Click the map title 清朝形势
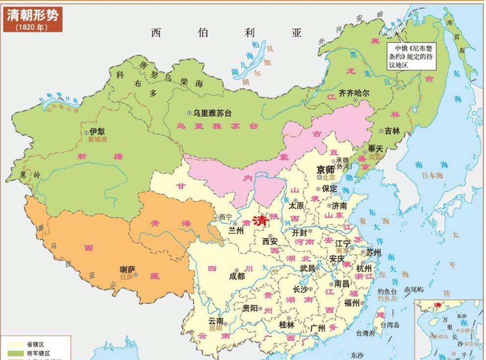tap(32, 15)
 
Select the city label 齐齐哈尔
tap(347, 93)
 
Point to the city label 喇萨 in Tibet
tap(127, 269)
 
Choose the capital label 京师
tap(326, 169)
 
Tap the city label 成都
tap(237, 276)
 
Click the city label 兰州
tap(236, 230)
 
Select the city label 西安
tap(270, 241)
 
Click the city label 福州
tap(352, 302)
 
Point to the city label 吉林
tap(392, 131)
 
